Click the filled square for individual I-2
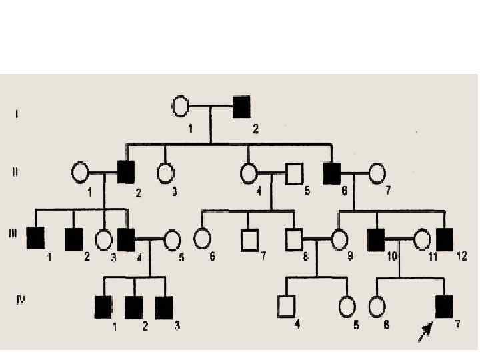point(241,106)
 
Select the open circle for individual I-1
point(181,106)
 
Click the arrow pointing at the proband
point(425,331)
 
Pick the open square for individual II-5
point(293,173)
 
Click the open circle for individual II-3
point(166,173)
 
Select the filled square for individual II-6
point(331,173)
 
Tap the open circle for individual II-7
point(377,173)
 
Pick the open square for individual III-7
point(249,238)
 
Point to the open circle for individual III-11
point(423,238)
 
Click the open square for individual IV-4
point(286,306)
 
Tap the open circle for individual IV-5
point(347,306)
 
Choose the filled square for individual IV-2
point(134,306)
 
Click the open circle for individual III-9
point(339,238)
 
